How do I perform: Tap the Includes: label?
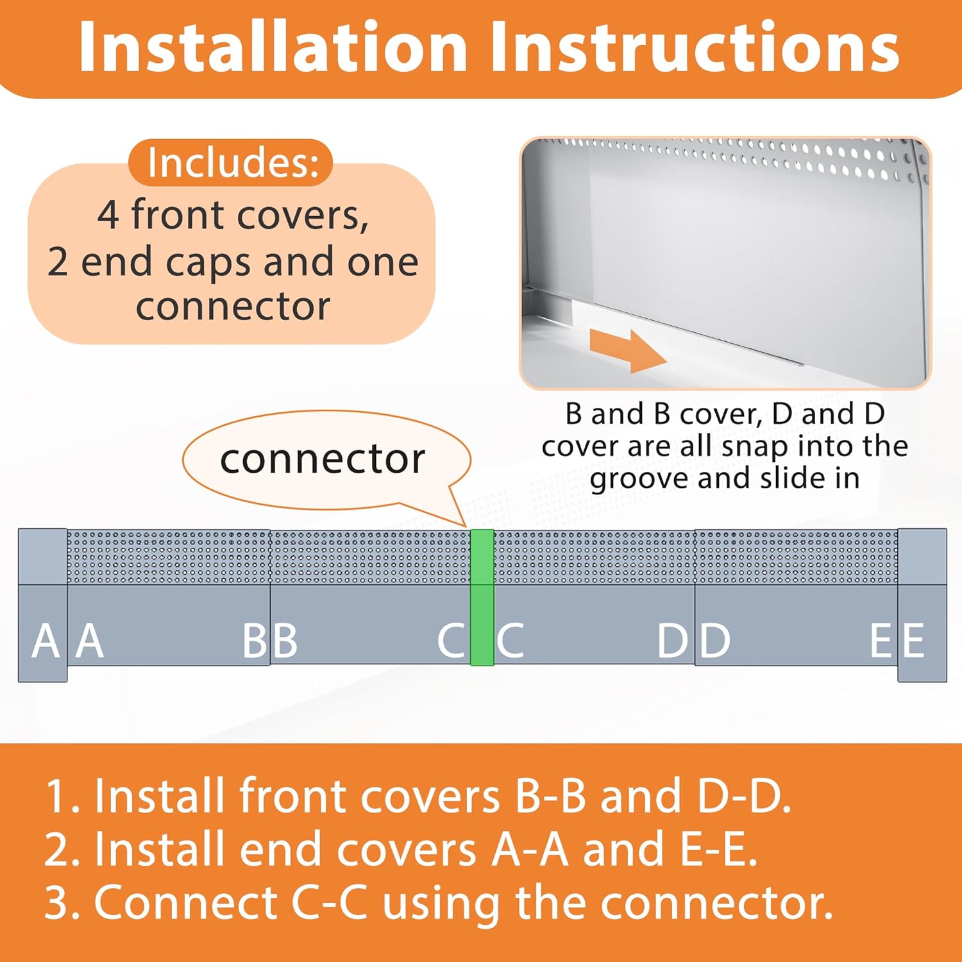pyautogui.click(x=232, y=163)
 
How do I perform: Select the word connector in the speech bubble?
pyautogui.click(x=322, y=459)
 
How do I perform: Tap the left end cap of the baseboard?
pyautogui.click(x=42, y=604)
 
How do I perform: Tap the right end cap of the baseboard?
pyautogui.click(x=922, y=604)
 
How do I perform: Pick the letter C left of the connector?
pyautogui.click(x=451, y=641)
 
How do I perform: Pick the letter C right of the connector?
pyautogui.click(x=511, y=641)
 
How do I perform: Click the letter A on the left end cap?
pyautogui.click(x=46, y=641)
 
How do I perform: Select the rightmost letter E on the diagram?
pyautogui.click(x=913, y=641)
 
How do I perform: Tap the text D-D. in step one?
pyautogui.click(x=744, y=796)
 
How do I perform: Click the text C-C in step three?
pyautogui.click(x=330, y=902)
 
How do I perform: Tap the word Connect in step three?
pyautogui.click(x=185, y=902)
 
